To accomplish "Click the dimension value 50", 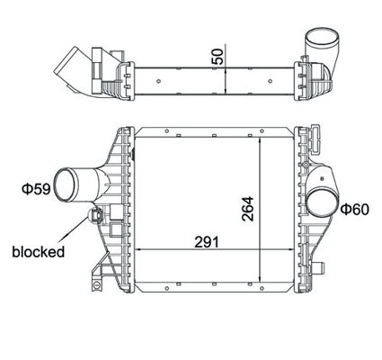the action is click(x=218, y=57).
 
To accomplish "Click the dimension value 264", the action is click(x=248, y=209).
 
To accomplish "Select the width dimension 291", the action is click(x=207, y=242).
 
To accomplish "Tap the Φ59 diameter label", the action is click(x=36, y=189).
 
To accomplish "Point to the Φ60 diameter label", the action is click(x=355, y=209).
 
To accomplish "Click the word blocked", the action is click(x=39, y=252).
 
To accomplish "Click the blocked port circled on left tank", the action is click(x=95, y=216).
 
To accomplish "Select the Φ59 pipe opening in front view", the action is click(x=64, y=184).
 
